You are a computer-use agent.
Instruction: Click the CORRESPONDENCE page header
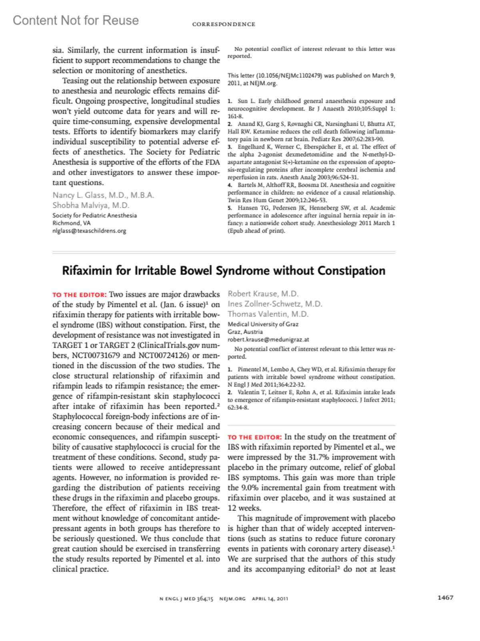click(224, 24)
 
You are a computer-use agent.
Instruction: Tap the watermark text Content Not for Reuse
click(76, 20)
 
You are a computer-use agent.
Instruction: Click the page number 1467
click(445, 597)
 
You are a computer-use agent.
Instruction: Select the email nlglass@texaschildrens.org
click(89, 231)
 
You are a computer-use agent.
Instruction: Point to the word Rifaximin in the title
click(87, 271)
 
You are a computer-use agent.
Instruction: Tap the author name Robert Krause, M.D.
click(263, 294)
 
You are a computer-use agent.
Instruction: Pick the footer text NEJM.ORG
click(232, 599)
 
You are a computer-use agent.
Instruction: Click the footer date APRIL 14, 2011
click(270, 599)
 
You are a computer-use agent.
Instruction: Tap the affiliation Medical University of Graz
click(263, 324)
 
